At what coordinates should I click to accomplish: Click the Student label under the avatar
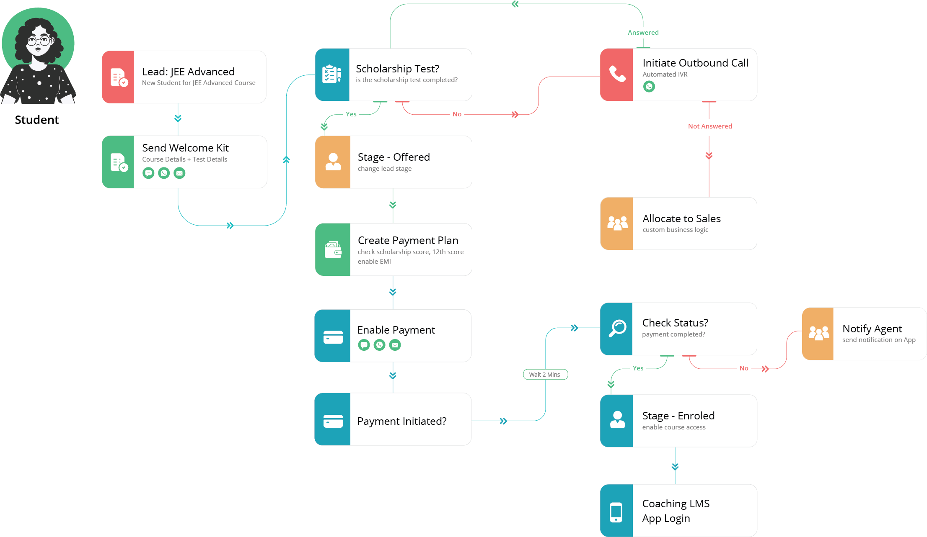pos(37,120)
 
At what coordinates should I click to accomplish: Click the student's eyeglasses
pos(39,41)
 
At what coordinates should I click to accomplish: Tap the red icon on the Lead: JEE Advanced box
pos(118,77)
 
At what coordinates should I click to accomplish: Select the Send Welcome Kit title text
pos(185,148)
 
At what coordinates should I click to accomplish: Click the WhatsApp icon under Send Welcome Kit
pos(164,173)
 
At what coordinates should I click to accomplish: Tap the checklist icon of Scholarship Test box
pos(332,75)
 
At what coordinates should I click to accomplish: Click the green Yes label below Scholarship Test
pos(351,114)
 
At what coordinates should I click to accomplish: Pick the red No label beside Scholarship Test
pos(457,114)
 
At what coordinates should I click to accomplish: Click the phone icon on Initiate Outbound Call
pos(617,74)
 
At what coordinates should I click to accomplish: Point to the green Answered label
pos(643,32)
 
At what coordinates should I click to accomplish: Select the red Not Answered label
pos(710,126)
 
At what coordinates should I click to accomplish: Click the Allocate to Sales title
pos(681,218)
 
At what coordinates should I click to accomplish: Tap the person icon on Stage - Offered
pos(333,162)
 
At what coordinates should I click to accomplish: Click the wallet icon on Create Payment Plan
pos(333,249)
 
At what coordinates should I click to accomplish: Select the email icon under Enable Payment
pos(395,345)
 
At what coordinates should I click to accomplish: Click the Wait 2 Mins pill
pos(545,374)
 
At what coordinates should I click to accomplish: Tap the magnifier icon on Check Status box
pos(617,329)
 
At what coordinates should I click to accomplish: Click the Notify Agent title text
pos(872,329)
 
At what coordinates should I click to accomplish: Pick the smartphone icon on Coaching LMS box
pos(616,511)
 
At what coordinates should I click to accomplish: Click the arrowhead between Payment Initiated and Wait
pos(503,421)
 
